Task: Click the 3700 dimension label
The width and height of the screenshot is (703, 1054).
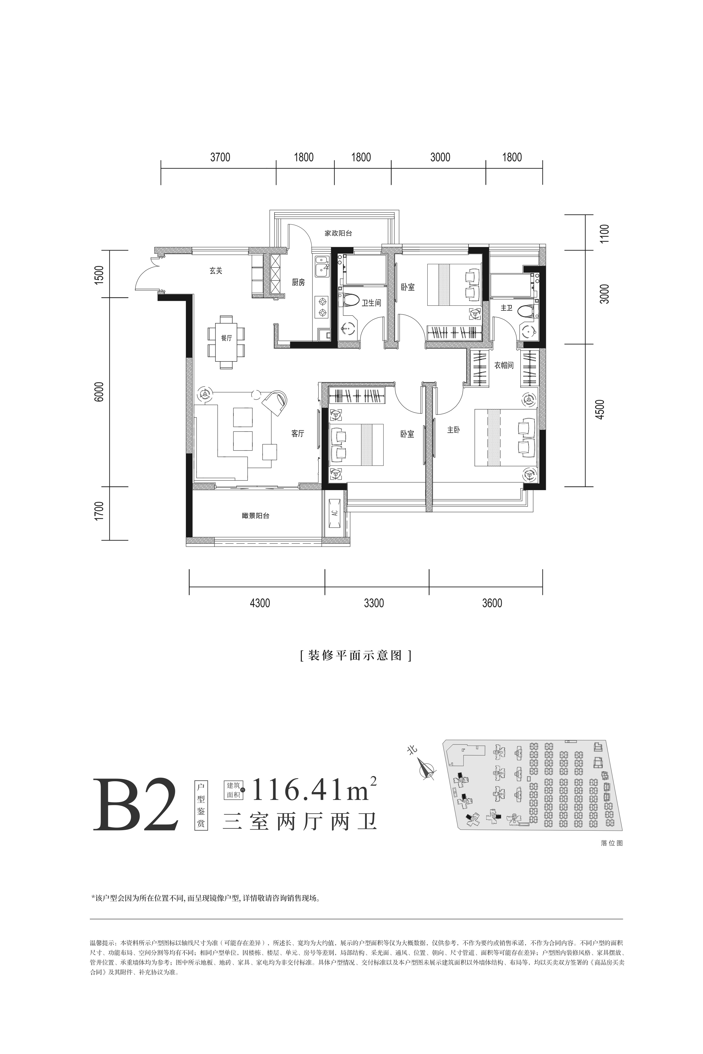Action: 220,157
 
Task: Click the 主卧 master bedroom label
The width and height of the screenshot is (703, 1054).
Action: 453,430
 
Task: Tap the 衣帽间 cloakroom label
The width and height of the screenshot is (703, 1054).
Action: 504,365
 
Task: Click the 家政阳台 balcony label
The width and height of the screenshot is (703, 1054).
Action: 338,233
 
